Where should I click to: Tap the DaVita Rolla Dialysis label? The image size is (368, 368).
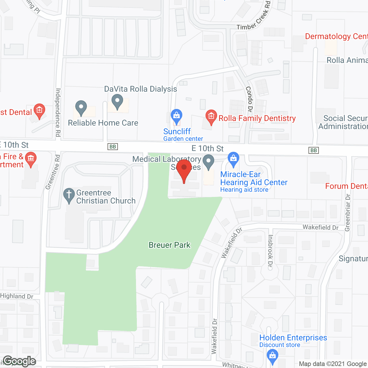140,89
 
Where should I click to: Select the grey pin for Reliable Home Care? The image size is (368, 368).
81,108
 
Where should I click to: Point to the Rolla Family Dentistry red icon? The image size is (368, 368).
211,117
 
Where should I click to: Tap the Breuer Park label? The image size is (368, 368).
169,245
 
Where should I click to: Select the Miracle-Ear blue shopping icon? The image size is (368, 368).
233,159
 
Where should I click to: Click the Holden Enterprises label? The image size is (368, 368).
293,338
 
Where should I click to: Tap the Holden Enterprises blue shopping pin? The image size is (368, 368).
272,356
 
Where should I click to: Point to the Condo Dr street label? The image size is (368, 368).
249,99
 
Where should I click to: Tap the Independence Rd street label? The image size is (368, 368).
58,112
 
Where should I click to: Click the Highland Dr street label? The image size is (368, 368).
17,296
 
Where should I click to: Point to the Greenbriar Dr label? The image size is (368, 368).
348,212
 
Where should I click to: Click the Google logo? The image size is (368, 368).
20,361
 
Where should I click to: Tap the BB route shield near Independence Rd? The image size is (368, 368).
113,147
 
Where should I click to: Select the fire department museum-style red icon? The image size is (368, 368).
30,158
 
